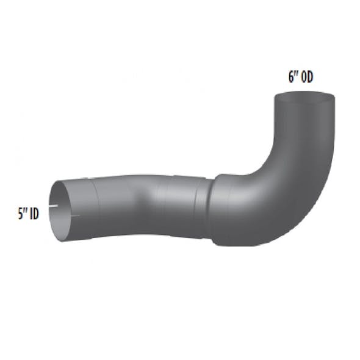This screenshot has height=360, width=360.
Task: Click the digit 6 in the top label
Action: pos(291,77)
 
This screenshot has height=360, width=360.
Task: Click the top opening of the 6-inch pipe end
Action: pos(303,98)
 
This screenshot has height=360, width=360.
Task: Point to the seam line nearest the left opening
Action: pos(95,201)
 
